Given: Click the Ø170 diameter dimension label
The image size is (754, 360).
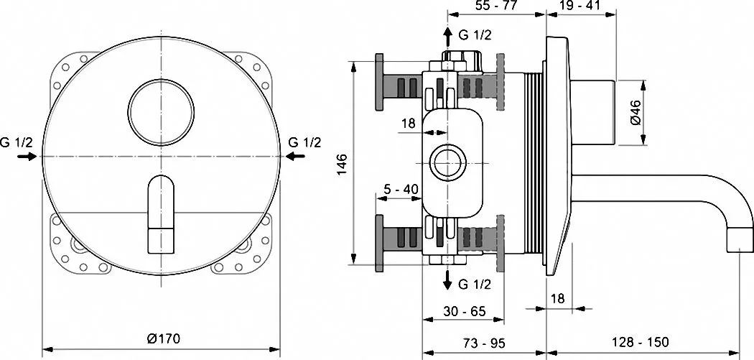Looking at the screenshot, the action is [163, 339].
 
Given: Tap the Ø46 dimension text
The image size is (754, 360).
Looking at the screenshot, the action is [635, 112].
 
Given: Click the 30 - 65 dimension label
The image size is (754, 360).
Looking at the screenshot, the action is [464, 311].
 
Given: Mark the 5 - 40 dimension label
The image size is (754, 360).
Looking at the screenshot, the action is [401, 188].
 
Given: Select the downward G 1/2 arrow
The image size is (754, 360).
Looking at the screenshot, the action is [447, 280].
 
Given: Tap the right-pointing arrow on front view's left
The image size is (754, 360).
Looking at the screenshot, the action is [27, 156].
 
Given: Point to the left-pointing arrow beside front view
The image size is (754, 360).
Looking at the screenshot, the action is [294, 156].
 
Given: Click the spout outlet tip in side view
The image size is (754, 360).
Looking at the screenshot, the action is [739, 240].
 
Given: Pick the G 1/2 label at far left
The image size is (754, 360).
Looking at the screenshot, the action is [17, 142].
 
